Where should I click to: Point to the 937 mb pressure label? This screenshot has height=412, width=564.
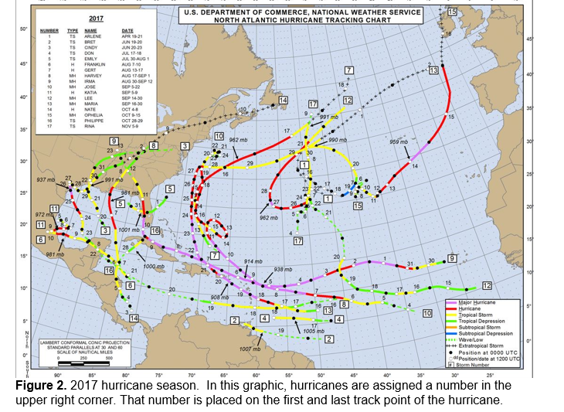coord(46,180)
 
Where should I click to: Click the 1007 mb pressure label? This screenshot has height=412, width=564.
coord(250,349)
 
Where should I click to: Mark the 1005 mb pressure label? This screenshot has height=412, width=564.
coord(313,331)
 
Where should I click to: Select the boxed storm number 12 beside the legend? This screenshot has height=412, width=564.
coord(488,284)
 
